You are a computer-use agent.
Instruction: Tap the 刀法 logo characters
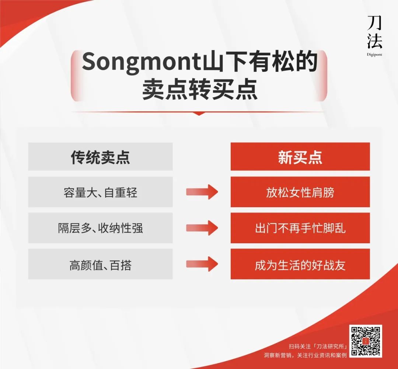pyautogui.click(x=374, y=32)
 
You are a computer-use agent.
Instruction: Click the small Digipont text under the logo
pyautogui.click(x=374, y=54)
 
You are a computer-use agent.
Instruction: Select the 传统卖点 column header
pyautogui.click(x=100, y=157)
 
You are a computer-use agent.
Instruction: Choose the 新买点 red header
pyautogui.click(x=300, y=157)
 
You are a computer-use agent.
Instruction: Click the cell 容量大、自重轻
pyautogui.click(x=100, y=192)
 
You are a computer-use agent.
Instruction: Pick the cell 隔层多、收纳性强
pyautogui.click(x=100, y=228)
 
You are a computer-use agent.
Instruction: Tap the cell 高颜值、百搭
pyautogui.click(x=100, y=264)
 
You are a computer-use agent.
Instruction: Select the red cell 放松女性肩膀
pyautogui.click(x=300, y=192)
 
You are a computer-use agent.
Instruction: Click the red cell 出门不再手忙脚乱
pyautogui.click(x=300, y=228)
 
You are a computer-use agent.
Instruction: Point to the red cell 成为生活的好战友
pyautogui.click(x=300, y=264)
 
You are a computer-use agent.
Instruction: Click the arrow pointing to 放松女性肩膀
pyautogui.click(x=202, y=192)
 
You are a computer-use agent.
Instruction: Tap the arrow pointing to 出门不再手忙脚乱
pyautogui.click(x=202, y=228)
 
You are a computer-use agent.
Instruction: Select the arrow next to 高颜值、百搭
pyautogui.click(x=202, y=264)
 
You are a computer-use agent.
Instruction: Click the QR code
pyautogui.click(x=366, y=341)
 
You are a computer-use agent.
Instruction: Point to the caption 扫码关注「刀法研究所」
pyautogui.click(x=318, y=347)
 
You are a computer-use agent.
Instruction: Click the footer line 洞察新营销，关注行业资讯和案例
pyautogui.click(x=305, y=355)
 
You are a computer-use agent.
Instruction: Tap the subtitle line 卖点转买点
pyautogui.click(x=200, y=89)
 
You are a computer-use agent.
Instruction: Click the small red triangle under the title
pyautogui.click(x=199, y=114)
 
